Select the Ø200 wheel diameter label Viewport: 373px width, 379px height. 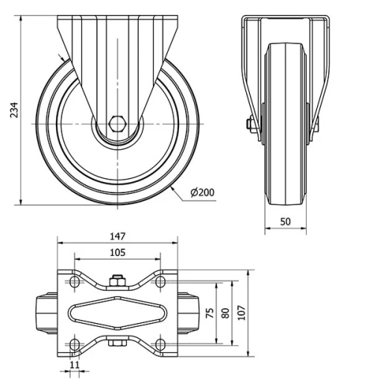[x=203, y=192]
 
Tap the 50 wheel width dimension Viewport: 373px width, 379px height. [x=286, y=222]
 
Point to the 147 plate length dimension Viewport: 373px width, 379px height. [x=118, y=237]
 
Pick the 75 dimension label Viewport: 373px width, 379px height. [x=211, y=312]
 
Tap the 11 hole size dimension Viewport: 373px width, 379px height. [x=74, y=365]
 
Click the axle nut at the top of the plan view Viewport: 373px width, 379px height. [x=117, y=281]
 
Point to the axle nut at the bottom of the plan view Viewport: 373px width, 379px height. [x=117, y=344]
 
